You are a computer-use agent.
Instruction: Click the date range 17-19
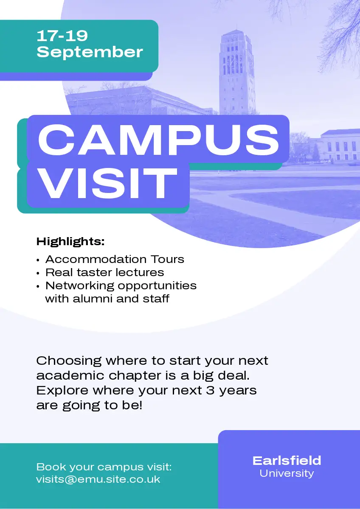[62, 36]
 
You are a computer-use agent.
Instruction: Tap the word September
[90, 53]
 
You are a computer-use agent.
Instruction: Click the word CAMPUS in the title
[158, 140]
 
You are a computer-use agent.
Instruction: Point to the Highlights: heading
[70, 241]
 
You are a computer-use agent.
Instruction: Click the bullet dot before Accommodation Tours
[38, 260]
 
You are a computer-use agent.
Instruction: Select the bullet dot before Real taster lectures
[38, 273]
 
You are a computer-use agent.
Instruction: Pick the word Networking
[80, 286]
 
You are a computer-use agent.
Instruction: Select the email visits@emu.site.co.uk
[98, 479]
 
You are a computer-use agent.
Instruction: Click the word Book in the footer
[51, 467]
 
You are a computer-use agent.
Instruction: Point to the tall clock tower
[237, 73]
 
